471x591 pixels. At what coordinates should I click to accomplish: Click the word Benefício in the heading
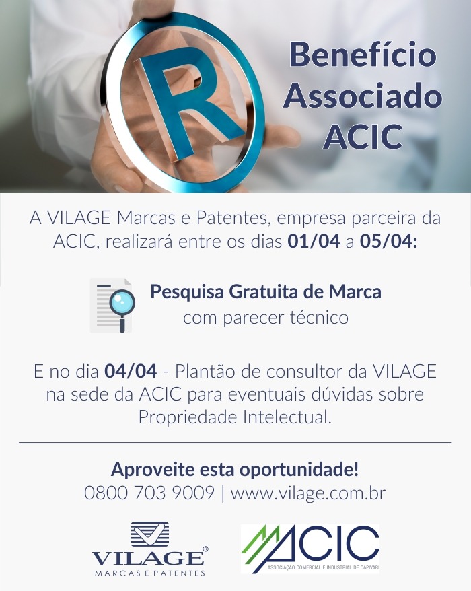363,55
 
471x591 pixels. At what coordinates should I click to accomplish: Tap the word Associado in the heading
363,96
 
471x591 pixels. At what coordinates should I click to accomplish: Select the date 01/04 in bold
314,241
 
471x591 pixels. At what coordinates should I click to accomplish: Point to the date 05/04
388,241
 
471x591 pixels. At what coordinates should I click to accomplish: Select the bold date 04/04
131,372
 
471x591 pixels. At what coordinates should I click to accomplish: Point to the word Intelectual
287,417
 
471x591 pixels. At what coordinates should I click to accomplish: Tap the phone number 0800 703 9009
149,493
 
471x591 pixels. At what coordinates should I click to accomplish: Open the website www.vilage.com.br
308,493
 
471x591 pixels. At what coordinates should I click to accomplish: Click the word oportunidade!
299,470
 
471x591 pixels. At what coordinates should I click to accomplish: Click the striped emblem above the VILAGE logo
149,534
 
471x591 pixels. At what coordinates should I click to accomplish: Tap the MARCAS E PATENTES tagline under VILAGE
149,573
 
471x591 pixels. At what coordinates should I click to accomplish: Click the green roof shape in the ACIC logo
260,543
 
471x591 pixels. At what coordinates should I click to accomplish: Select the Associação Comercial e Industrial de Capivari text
323,567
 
